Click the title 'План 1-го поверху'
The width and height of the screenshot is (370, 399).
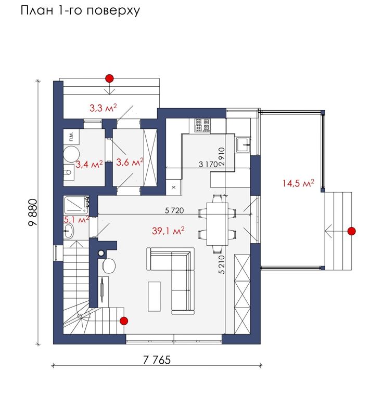(80, 11)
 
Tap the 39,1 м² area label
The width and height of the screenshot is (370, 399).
(168, 231)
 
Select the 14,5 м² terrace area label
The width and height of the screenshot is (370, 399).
(298, 183)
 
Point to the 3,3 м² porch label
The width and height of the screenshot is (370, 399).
(103, 108)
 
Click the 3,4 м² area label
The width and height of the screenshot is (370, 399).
(89, 164)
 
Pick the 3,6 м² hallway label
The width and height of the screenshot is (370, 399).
(130, 162)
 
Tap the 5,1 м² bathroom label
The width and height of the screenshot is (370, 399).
(76, 219)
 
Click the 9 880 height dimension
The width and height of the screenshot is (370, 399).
(33, 212)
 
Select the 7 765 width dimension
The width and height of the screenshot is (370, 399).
(157, 360)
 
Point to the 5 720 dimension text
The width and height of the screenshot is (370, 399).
(174, 210)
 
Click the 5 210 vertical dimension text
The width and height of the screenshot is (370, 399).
(222, 264)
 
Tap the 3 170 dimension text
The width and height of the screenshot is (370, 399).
(208, 164)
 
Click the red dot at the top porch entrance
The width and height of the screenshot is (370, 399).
(110, 78)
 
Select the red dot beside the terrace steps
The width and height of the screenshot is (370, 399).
(352, 231)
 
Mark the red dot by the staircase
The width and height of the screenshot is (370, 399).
(124, 321)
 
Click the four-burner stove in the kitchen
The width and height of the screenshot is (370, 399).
(202, 125)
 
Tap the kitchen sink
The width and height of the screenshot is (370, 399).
(243, 144)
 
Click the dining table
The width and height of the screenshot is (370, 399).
(217, 224)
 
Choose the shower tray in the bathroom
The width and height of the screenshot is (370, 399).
(76, 205)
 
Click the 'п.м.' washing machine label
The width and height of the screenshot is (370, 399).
(71, 137)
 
